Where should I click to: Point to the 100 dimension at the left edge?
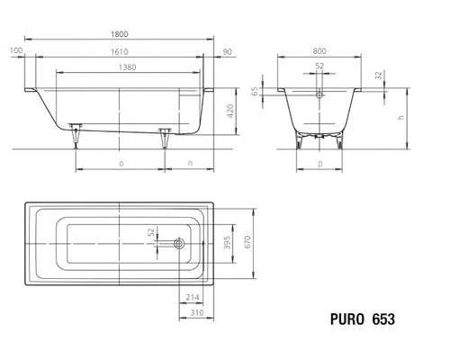pos(16,51)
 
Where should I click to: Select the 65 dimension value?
pos(255,93)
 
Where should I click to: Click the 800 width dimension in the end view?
pos(321,52)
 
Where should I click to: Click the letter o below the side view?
pos(121,164)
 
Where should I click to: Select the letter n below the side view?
pos(190,164)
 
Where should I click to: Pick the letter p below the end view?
pos(321,164)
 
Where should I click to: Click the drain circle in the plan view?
pos(180,242)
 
